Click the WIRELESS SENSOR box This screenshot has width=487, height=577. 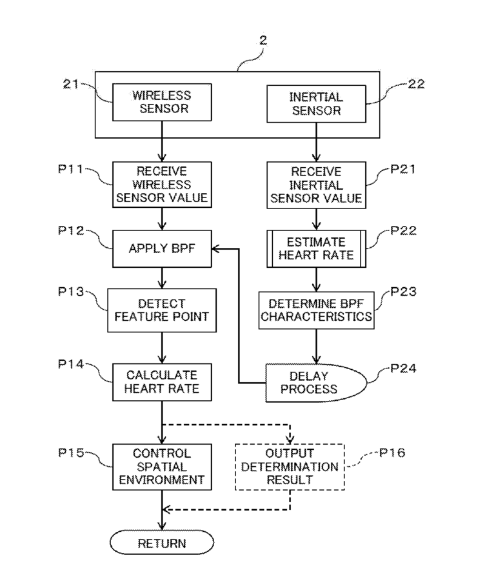162,102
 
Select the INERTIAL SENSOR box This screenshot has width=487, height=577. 316,104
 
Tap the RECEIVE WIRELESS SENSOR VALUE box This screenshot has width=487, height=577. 162,185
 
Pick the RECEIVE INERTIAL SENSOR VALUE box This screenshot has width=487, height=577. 316,185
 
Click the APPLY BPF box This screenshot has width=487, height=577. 162,248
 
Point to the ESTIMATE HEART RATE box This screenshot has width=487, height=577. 316,248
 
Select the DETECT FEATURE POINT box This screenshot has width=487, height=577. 162,310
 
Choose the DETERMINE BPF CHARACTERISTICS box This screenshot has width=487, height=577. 316,310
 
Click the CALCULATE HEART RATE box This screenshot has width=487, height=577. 162,382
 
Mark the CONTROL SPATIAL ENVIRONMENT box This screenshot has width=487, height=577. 162,467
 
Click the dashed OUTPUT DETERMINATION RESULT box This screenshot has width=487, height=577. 290,467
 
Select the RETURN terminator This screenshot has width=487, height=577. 162,542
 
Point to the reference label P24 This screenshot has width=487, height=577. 403,368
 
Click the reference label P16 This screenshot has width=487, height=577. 392,452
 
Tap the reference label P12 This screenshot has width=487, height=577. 71,230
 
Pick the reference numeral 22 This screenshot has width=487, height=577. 417,84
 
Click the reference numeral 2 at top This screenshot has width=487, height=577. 263,40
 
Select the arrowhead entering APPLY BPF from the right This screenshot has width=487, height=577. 216,248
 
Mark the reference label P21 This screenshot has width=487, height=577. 403,169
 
